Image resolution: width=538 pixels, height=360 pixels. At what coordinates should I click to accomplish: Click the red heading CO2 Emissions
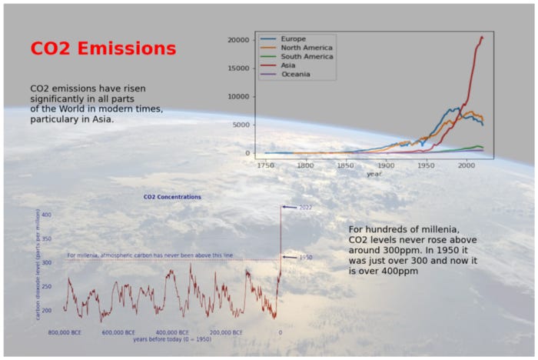tap(103, 48)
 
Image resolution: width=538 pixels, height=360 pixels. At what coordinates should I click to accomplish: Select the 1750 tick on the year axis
tap(265, 165)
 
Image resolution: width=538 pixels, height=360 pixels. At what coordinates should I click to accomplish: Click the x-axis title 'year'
tap(374, 174)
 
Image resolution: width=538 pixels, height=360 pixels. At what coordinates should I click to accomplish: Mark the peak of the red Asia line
tap(482, 37)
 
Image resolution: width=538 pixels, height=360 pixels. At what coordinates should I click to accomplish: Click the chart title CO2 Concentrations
tap(172, 197)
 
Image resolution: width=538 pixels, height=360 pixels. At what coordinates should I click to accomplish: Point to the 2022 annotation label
tap(305, 208)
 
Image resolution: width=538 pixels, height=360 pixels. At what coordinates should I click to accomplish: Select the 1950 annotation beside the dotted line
tap(305, 258)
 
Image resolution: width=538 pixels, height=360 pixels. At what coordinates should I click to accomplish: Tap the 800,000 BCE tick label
tap(65, 332)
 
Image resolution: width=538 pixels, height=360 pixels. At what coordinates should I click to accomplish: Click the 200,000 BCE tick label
tap(226, 332)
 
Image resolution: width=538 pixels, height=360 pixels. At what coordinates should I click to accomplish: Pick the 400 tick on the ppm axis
tap(46, 215)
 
